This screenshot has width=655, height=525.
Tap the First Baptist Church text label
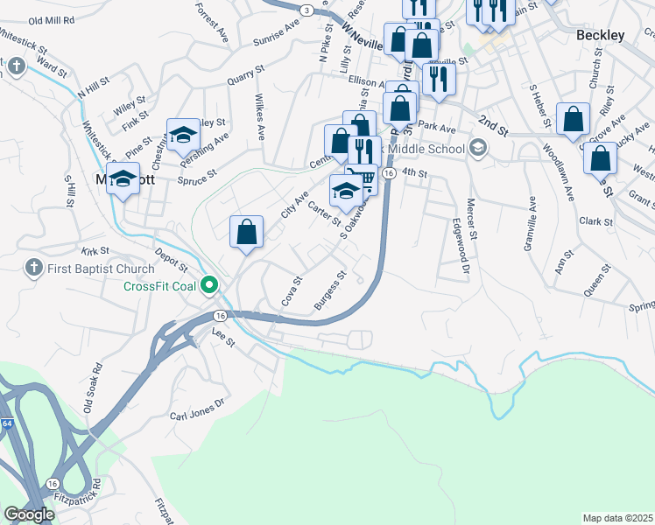click(93, 266)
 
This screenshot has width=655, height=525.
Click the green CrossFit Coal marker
click(209, 285)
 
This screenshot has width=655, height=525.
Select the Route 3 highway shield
click(306, 9)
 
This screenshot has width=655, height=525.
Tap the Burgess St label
click(330, 292)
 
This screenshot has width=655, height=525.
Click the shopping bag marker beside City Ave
click(247, 233)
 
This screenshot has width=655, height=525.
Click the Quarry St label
click(245, 78)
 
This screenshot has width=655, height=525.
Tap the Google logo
click(28, 514)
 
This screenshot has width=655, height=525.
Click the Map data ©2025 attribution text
click(617, 518)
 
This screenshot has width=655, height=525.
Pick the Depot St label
click(172, 260)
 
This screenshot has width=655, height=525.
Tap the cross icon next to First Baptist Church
click(32, 266)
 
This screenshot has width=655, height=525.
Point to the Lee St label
click(224, 337)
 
